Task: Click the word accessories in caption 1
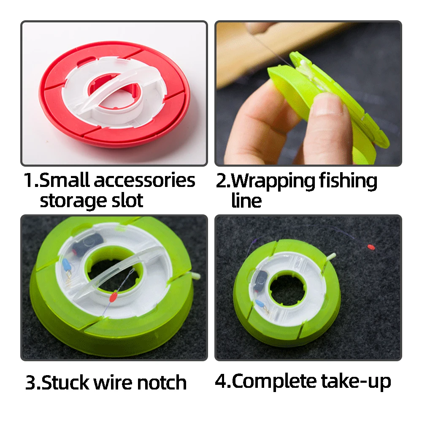[x=144, y=181]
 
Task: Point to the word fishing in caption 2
[x=348, y=181]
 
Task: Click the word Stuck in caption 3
[x=65, y=382]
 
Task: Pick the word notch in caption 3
[x=162, y=382]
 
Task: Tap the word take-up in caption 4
[x=356, y=382]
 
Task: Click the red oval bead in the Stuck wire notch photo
[x=113, y=297]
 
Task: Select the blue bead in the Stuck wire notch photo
[x=67, y=265]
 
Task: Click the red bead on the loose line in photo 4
[x=371, y=246]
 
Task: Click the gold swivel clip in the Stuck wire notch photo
[x=69, y=278]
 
